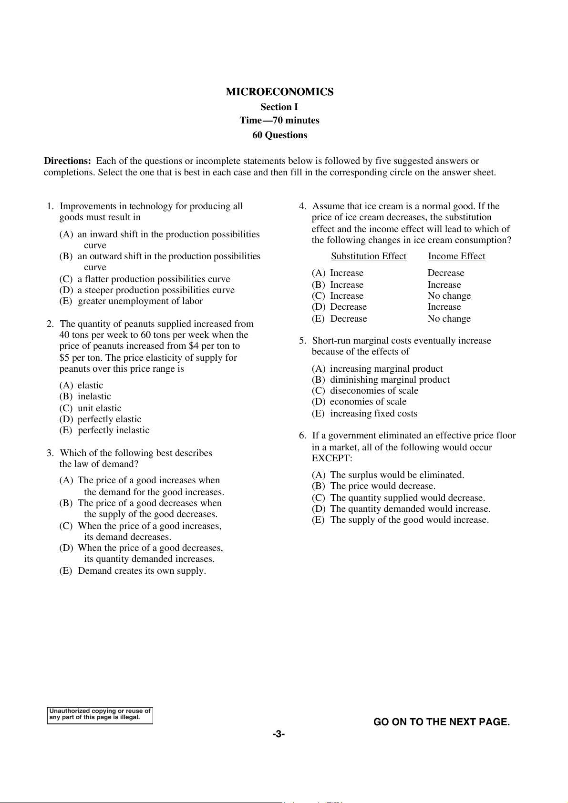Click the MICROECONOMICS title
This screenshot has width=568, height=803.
point(279,92)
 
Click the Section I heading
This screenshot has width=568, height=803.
point(279,107)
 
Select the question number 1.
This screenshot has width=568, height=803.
point(50,206)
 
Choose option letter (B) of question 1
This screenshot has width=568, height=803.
point(66,256)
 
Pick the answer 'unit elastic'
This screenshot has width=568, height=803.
point(99,408)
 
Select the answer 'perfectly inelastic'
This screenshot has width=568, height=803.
point(114,430)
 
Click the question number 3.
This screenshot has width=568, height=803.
point(50,453)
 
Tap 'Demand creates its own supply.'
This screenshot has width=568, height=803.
point(142,571)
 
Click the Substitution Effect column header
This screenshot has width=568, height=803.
point(369,256)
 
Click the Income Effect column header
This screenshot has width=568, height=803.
point(456,256)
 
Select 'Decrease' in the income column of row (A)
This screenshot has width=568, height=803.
point(446,273)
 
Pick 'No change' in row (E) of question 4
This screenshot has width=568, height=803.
point(449,319)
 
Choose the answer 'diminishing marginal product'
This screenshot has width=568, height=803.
point(390,380)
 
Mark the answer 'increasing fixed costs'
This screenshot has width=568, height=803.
point(373,414)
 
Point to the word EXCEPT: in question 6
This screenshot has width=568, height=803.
point(332,458)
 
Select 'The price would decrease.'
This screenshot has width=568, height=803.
point(382,486)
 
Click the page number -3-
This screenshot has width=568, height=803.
point(279,734)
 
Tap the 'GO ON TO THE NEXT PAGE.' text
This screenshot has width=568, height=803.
point(442,722)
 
